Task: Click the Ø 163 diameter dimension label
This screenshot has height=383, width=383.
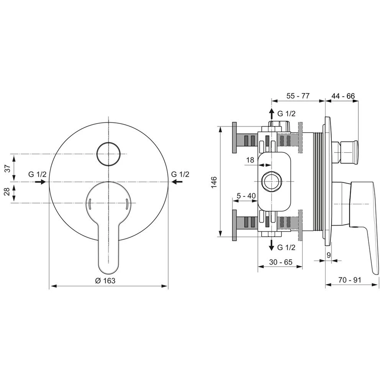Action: click(105, 281)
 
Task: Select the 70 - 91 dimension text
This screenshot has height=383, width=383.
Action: click(350, 280)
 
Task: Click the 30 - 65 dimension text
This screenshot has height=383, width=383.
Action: click(281, 262)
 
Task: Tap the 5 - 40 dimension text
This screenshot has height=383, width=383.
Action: click(246, 196)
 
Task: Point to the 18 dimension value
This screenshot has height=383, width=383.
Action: click(250, 160)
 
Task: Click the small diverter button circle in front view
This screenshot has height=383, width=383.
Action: click(109, 154)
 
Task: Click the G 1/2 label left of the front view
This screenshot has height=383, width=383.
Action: click(37, 174)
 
